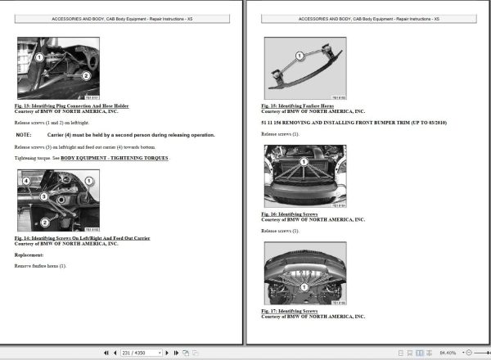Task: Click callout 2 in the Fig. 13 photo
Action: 84,75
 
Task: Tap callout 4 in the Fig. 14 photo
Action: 26,181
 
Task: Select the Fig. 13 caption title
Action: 72,106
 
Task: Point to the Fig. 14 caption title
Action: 82,238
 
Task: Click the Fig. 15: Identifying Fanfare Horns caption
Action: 299,106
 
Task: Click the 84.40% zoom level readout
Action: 448,353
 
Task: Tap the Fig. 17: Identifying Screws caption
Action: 290,312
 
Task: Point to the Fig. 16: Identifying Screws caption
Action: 290,215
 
